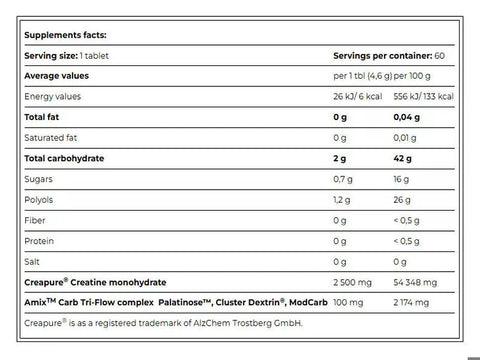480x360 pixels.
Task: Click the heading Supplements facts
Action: (x=68, y=33)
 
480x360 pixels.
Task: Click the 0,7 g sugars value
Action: (x=346, y=179)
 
